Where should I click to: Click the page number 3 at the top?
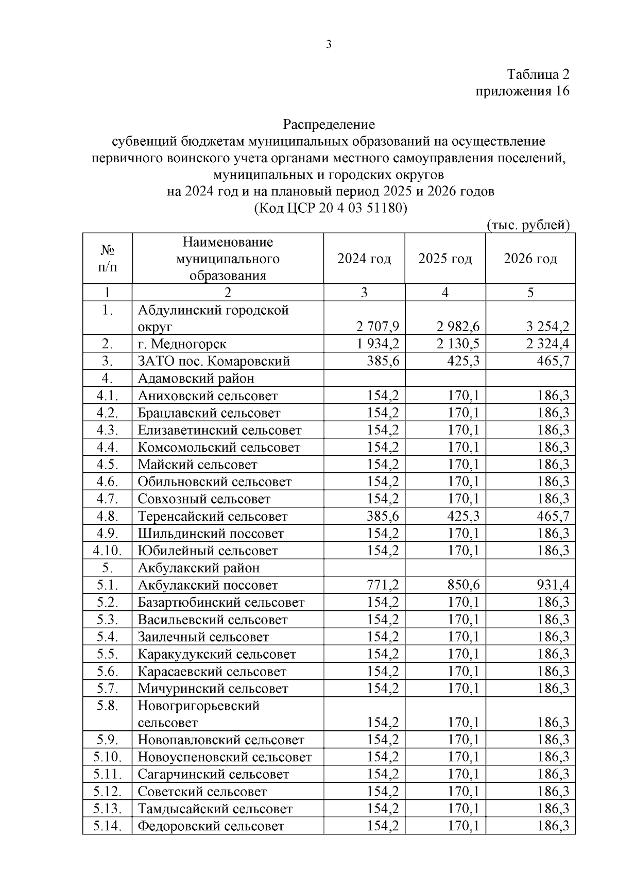coord(329,44)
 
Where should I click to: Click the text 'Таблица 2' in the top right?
coord(538,74)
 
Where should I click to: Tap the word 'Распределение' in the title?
coord(329,124)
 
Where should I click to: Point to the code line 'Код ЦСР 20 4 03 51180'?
coord(330,208)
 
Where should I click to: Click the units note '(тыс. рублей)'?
coord(528,225)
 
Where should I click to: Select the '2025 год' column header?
coord(445,259)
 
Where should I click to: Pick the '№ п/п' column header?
coord(107,259)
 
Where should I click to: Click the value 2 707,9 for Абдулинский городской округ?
coord(377,327)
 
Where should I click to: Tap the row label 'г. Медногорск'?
coord(182,344)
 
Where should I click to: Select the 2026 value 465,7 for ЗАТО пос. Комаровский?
coord(553,361)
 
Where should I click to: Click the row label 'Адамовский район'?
coord(196,379)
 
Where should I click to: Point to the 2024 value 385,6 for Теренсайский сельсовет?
coord(383,516)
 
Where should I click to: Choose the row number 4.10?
coord(107,551)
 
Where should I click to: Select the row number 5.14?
coord(107,826)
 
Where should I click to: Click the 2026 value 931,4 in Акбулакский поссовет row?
coord(553,585)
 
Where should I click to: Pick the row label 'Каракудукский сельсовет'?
coord(216,654)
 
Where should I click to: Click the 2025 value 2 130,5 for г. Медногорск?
coord(458,344)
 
